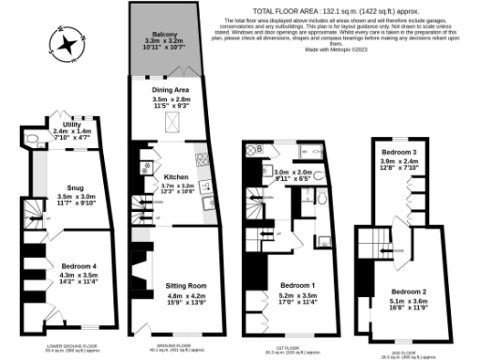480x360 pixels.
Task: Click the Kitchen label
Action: (x=177, y=176)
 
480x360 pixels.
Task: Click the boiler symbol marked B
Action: (x=253, y=146)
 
